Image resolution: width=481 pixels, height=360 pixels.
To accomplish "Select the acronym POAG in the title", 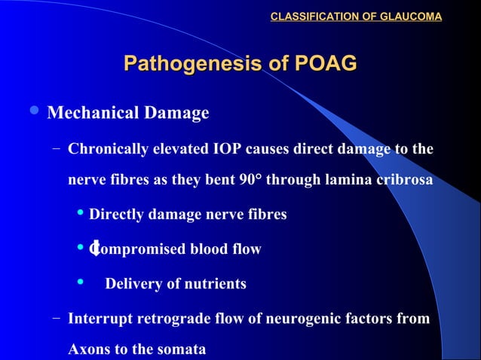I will click(x=326, y=64).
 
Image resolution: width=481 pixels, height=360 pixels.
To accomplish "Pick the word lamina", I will click(x=345, y=181).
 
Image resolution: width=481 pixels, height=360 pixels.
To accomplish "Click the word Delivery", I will click(x=132, y=284).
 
